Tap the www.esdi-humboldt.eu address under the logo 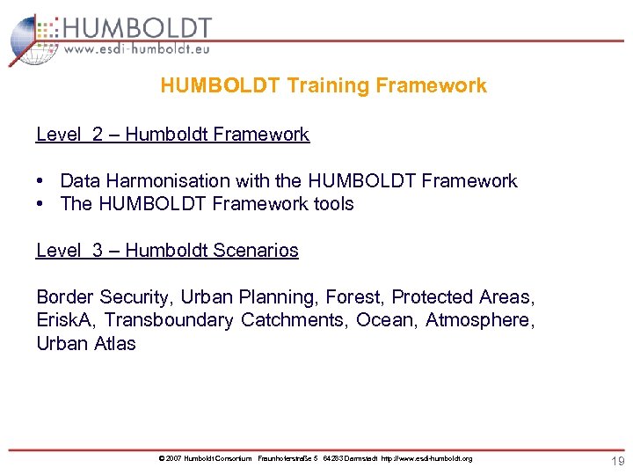click(137, 51)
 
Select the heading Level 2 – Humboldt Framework click(172, 135)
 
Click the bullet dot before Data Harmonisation click(41, 181)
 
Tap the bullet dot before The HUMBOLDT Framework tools click(41, 204)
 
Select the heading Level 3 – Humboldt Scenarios click(167, 251)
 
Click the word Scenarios click(255, 251)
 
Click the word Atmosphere click(477, 321)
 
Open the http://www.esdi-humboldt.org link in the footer click(426, 459)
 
